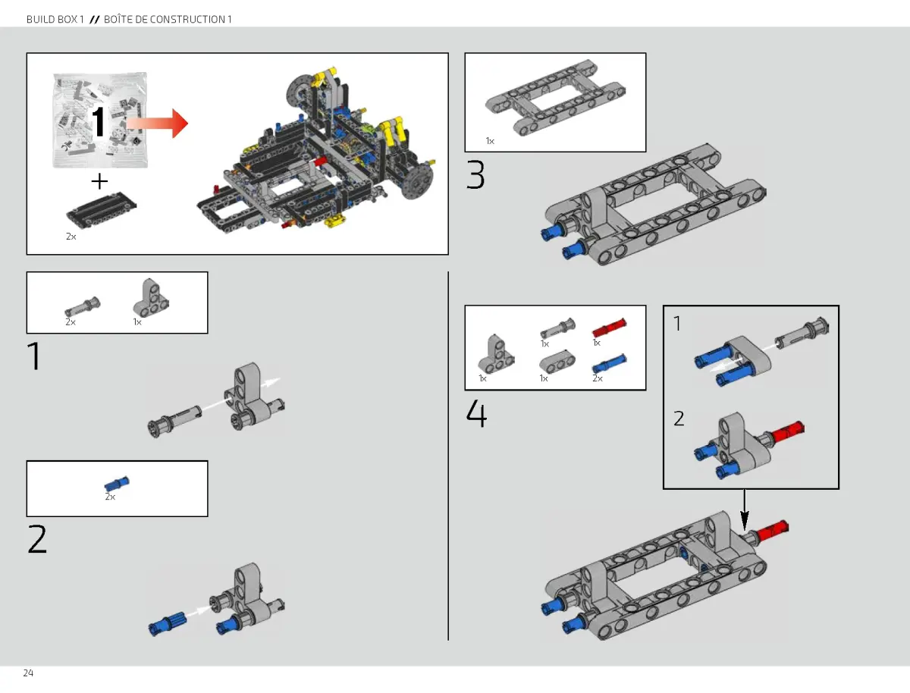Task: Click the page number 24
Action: click(x=28, y=673)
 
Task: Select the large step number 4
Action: click(x=476, y=414)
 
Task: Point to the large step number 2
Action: click(x=37, y=539)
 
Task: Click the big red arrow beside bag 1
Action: click(x=157, y=123)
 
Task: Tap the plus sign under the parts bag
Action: click(x=99, y=181)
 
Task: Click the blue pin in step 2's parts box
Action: click(x=117, y=484)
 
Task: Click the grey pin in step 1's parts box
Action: click(x=81, y=306)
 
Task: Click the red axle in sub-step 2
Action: click(x=786, y=433)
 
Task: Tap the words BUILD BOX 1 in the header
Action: click(x=55, y=19)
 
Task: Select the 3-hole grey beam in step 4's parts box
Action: click(x=555, y=362)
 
